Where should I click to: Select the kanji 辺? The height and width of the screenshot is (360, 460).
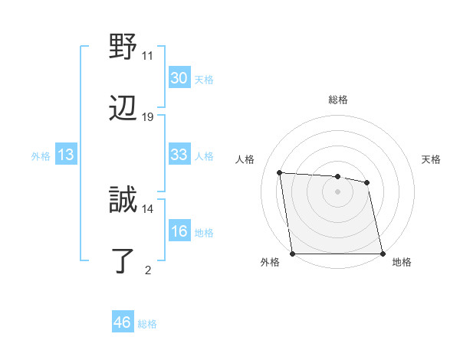123,108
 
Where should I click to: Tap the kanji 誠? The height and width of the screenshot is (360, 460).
123,200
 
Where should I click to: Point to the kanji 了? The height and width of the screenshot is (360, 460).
123,261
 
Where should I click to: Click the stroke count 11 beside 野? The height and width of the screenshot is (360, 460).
148,55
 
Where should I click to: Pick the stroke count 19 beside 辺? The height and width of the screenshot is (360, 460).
148,116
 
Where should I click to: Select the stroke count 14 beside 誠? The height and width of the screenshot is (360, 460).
148,208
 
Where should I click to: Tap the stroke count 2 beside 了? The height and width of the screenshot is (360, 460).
148,270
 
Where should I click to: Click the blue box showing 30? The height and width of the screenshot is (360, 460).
179,78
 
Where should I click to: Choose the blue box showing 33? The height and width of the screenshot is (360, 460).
179,155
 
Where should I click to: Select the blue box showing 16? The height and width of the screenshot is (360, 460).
179,231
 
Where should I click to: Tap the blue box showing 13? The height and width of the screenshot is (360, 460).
66,155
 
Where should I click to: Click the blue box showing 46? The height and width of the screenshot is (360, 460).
122,322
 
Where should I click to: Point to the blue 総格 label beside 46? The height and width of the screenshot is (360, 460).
147,324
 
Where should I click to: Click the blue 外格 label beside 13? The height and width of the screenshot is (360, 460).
41,156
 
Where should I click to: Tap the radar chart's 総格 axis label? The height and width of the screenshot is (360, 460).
337,100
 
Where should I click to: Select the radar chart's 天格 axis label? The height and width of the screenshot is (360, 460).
431,159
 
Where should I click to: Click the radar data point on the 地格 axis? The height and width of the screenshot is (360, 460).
382,254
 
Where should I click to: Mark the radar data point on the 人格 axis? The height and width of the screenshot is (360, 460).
280,172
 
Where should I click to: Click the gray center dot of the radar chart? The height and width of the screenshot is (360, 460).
337,191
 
